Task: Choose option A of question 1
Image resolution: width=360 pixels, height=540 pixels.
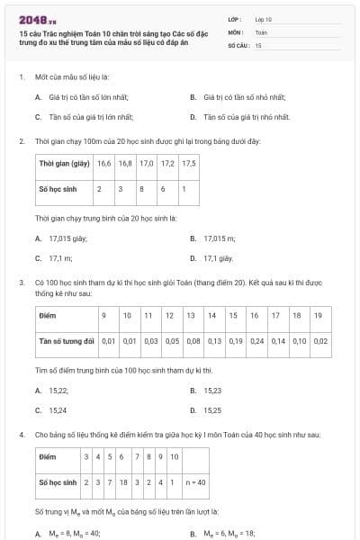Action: point(81,96)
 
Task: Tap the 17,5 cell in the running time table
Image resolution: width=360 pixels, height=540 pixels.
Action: point(189,164)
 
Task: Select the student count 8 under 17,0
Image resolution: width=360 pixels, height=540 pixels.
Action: point(141,189)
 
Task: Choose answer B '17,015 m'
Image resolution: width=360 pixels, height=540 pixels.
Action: point(213,238)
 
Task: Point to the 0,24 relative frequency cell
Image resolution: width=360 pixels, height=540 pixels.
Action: point(257,341)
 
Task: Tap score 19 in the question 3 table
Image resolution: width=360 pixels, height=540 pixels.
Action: point(319,316)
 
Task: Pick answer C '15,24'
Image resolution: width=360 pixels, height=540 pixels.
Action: point(54,410)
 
